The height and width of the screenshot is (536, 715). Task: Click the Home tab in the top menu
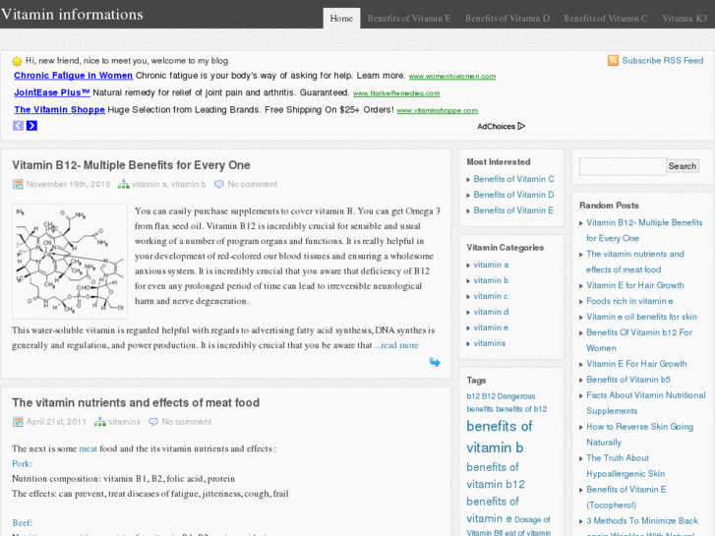click(x=341, y=18)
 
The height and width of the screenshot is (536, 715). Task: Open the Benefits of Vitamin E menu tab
click(x=409, y=18)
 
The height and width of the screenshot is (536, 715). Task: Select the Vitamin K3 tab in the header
click(x=685, y=18)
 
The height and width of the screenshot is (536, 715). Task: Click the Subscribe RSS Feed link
click(x=662, y=61)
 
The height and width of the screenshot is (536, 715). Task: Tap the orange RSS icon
click(x=614, y=61)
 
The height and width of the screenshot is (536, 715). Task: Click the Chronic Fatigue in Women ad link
click(x=73, y=76)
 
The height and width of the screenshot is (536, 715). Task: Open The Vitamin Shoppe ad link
click(x=58, y=110)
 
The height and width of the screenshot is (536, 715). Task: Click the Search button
click(x=683, y=166)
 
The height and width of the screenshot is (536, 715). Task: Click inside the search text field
click(x=623, y=166)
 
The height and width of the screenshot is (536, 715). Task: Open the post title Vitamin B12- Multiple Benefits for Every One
click(x=131, y=165)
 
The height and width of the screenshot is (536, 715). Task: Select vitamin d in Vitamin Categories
click(x=491, y=312)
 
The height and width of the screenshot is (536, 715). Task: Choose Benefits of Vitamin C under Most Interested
click(x=513, y=179)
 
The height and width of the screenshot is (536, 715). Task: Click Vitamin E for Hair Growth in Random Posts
click(x=634, y=285)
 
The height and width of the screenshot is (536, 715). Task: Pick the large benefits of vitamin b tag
click(x=499, y=437)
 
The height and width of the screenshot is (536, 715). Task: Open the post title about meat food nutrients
click(x=136, y=402)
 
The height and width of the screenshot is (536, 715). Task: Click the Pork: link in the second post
click(x=22, y=463)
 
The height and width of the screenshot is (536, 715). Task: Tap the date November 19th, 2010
click(x=68, y=184)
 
